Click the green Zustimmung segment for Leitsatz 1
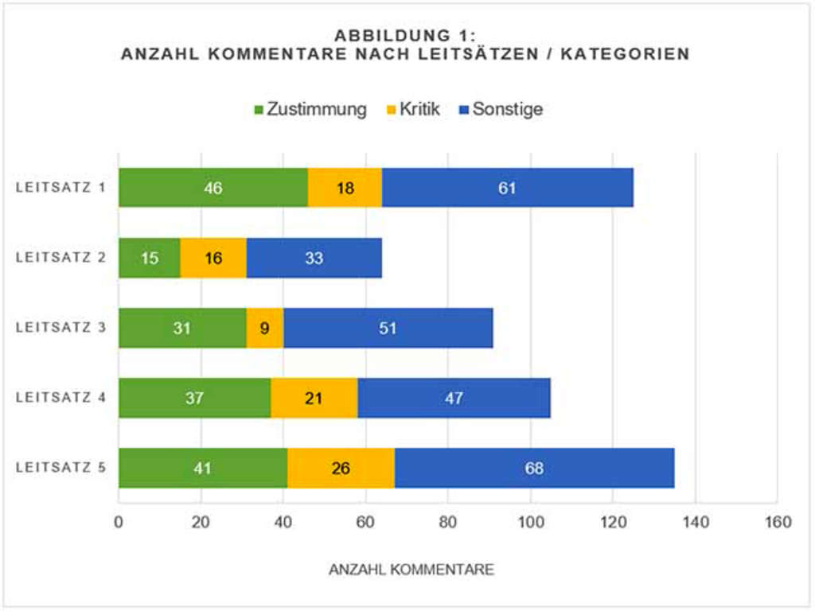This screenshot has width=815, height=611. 213,188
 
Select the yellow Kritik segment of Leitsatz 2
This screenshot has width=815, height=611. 213,258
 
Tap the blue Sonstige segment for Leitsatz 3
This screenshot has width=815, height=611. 388,328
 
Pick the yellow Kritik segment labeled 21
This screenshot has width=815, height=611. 314,398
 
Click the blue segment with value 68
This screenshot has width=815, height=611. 534,468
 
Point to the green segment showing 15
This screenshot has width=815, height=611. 149,258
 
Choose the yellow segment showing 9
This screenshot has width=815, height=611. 265,328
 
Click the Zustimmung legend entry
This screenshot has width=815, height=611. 310,109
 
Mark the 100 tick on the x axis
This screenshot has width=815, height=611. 530,523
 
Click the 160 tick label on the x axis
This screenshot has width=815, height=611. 778,523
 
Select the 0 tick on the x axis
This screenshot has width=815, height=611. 119,523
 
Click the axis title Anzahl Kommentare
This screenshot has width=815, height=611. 411,570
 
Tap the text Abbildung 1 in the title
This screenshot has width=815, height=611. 405,36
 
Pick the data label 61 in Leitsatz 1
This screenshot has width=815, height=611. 507,188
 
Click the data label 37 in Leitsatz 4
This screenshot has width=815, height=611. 194,398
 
